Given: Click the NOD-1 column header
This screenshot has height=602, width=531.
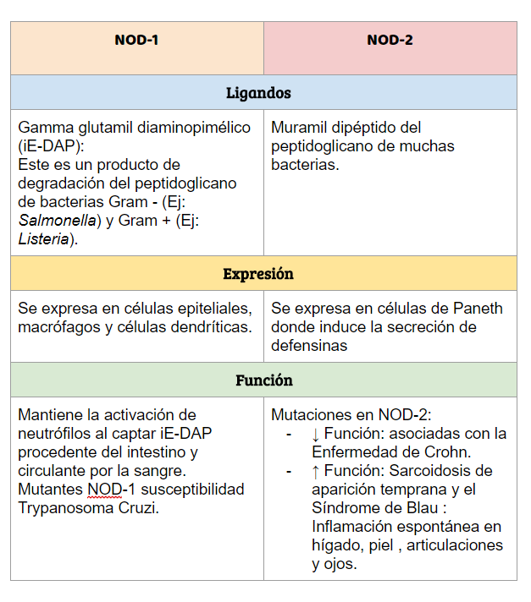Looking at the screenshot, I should coord(136,40).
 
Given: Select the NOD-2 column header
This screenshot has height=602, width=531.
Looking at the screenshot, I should coord(390,40).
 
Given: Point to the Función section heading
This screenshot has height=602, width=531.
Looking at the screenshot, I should coord(264,380).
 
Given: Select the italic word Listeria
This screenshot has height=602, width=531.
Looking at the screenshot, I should coord(44,239).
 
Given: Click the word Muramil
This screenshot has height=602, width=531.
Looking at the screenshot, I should coord(300,128).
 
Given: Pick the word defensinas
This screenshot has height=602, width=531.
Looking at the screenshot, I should coord(310,346).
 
